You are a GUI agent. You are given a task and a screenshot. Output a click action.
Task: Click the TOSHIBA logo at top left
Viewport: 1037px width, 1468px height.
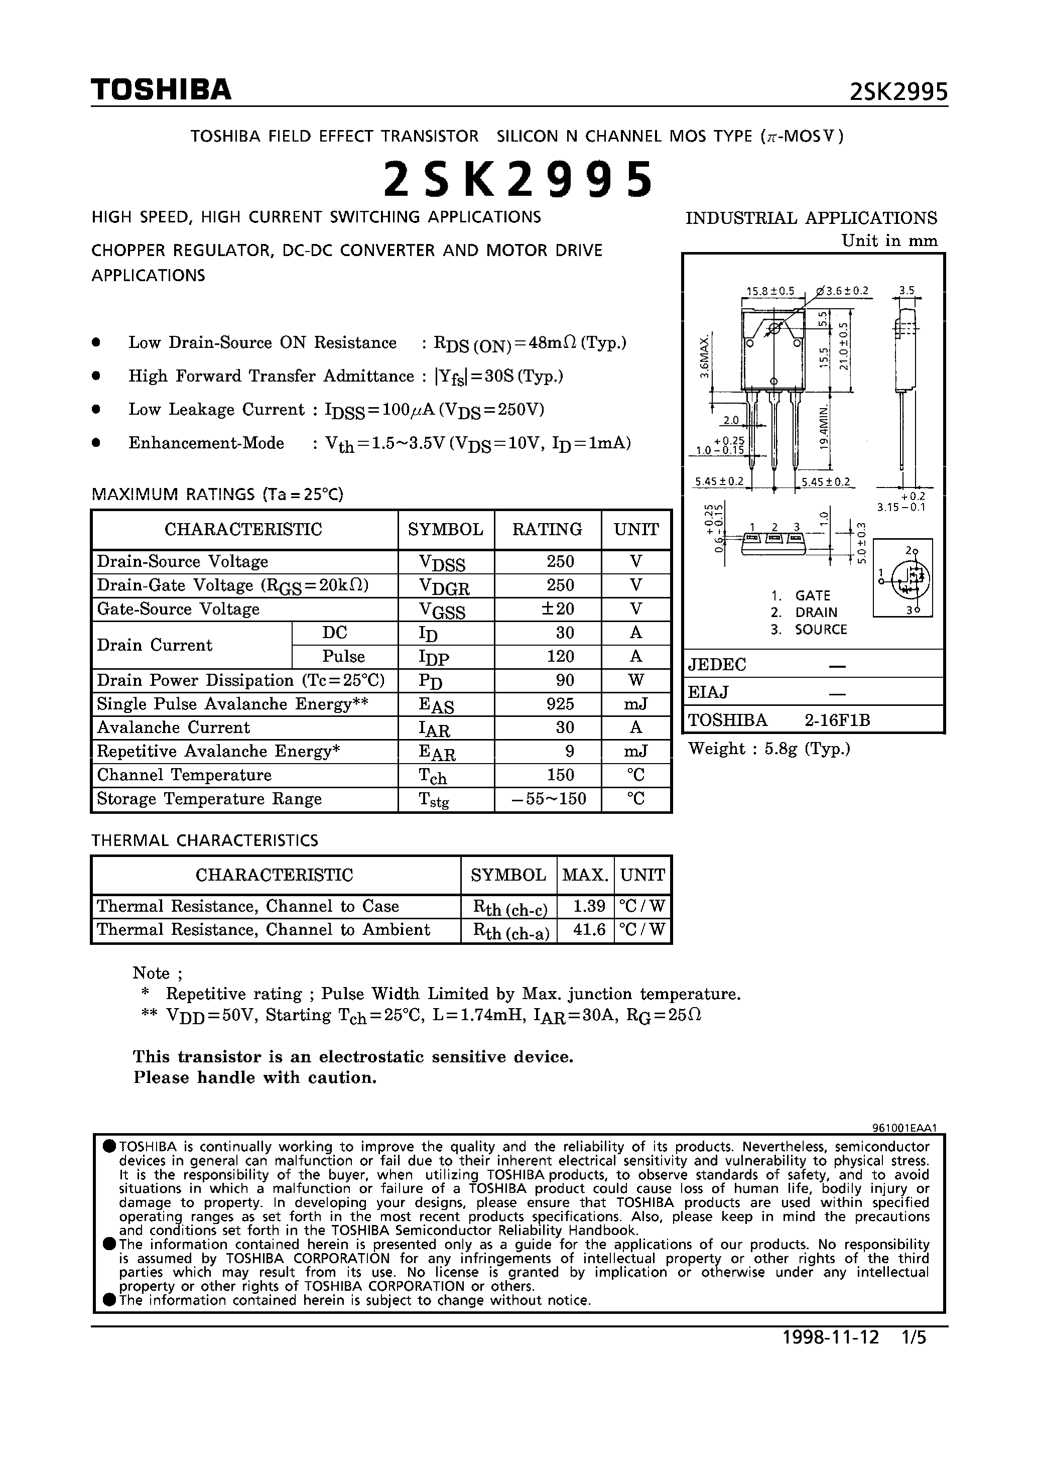(x=161, y=90)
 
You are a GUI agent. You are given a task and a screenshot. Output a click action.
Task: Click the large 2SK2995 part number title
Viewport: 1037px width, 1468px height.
(x=518, y=179)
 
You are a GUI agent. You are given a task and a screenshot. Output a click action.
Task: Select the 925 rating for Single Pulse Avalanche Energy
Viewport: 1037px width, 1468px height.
(x=560, y=704)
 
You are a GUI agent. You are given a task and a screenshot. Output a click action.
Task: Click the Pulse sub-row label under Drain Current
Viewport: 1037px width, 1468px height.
(x=343, y=657)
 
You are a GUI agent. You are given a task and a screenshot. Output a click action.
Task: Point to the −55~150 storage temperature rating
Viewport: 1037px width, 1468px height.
(x=549, y=799)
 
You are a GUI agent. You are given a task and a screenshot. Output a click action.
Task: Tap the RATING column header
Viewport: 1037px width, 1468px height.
(x=547, y=529)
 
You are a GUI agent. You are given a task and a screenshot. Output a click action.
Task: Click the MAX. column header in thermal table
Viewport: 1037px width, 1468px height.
(x=585, y=875)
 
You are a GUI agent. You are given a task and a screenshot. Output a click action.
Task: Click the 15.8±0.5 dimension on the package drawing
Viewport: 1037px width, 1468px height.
(x=770, y=291)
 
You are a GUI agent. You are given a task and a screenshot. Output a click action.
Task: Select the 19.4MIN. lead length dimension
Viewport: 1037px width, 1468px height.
(x=825, y=426)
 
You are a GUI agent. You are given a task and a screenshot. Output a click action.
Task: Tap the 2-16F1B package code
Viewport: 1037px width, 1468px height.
(x=838, y=720)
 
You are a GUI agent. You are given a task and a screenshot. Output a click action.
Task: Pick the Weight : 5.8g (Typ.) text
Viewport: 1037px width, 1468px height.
(x=768, y=749)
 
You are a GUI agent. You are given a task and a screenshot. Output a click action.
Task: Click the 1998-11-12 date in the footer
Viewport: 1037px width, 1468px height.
(x=831, y=1337)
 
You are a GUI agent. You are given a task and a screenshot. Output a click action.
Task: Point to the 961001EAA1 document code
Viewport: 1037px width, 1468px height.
(x=904, y=1129)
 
